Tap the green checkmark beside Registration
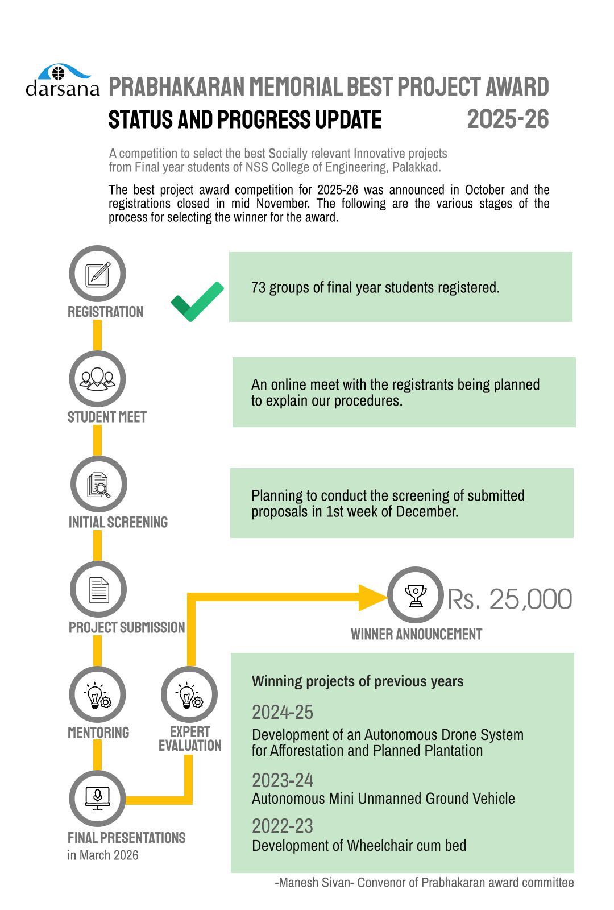click(197, 301)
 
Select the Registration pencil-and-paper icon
click(97, 274)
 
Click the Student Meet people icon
click(97, 379)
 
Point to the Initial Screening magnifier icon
click(98, 485)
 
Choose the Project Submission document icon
click(98, 590)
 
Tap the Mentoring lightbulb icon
click(97, 695)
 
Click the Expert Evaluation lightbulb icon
click(189, 695)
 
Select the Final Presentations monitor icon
click(97, 797)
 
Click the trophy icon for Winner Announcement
click(416, 595)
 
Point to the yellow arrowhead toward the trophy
click(372, 597)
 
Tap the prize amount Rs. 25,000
click(509, 599)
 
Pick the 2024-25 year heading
click(283, 712)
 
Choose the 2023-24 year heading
click(283, 780)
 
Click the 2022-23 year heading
click(283, 826)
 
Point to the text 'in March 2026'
click(103, 855)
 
